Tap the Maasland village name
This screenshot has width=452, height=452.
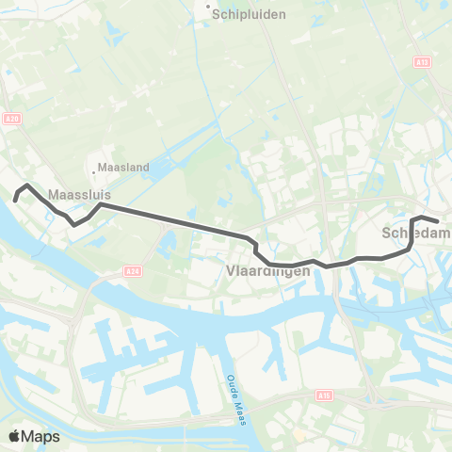(x=126, y=168)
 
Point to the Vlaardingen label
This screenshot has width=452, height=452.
(x=268, y=271)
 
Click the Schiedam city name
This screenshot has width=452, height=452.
(x=416, y=232)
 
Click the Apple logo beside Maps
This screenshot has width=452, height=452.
(x=14, y=437)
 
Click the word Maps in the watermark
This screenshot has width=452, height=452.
(x=42, y=437)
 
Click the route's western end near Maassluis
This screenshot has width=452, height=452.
(x=16, y=199)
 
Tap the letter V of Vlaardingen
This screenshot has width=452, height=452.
(x=232, y=271)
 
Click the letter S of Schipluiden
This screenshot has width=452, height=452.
(x=218, y=14)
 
